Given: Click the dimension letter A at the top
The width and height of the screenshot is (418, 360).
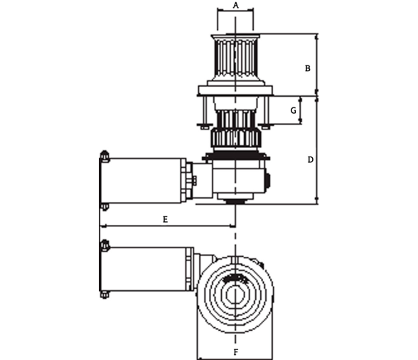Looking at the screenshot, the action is coord(236,6).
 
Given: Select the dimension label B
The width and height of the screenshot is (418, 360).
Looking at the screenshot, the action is coord(308,68).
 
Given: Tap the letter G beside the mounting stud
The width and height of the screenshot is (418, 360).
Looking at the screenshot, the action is coord(293,110).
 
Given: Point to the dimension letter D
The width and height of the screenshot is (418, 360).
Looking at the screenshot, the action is coord(310,160).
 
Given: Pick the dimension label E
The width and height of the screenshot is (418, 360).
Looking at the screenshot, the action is coord(165,220).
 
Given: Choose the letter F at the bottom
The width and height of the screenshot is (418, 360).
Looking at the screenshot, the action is coord(236,352).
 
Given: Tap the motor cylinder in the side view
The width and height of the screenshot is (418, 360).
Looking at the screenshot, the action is coord(143,181).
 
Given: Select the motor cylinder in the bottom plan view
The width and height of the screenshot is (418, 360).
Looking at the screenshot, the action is coord(146,269).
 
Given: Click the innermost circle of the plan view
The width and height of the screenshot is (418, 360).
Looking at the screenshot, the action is coord(235,295).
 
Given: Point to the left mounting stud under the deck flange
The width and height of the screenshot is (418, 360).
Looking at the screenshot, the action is coord(205,112).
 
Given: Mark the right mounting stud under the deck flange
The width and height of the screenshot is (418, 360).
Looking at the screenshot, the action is coord(266,112).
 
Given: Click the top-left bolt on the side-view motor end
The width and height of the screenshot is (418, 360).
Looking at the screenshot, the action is coord(104,156).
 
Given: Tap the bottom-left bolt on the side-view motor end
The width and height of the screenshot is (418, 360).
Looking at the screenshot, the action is coord(104,207).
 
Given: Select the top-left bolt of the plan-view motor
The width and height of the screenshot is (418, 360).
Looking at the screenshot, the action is coord(104,245).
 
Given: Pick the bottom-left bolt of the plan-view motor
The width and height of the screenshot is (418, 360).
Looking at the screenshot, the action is coord(104,295).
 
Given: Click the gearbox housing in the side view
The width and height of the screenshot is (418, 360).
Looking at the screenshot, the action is coord(239,179).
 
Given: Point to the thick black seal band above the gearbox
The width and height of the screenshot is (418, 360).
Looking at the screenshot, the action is coord(236,155).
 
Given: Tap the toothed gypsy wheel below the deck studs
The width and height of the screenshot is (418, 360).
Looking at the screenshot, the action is coord(236,138).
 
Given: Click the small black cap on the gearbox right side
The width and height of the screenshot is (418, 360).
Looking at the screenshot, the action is coord(268,180).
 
